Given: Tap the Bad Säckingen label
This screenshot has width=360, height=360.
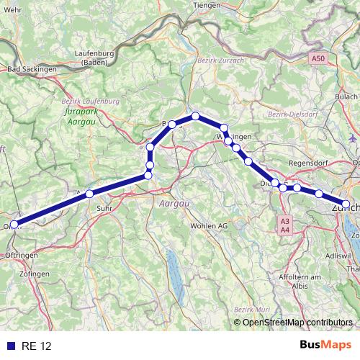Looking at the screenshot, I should [32, 69].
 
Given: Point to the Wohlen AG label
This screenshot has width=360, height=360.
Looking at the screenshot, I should [208, 226].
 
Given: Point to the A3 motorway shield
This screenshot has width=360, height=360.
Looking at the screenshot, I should [285, 221].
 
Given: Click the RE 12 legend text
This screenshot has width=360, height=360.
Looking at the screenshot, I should [37, 346].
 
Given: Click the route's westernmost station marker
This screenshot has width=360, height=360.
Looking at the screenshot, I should [14, 224].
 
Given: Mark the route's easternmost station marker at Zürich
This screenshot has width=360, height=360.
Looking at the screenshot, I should [346, 204].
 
